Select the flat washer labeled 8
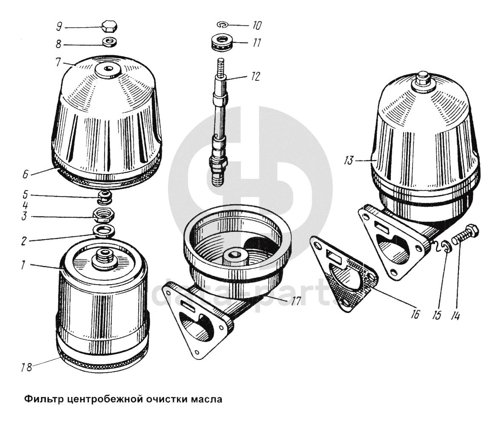coord(110,42)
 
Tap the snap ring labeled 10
coord(222,25)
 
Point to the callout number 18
coord(27,367)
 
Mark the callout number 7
coord(58,62)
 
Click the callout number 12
coord(255,77)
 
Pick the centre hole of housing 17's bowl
coord(235,255)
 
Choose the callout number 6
coord(26,174)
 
